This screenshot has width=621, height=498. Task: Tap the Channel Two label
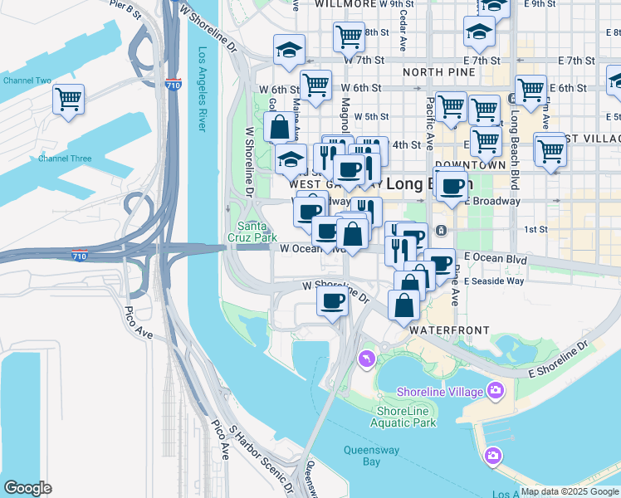[x=27, y=81]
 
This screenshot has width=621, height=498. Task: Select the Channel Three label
[x=65, y=158]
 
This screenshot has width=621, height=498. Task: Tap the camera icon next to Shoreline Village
[x=496, y=389]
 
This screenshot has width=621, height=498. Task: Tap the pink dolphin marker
[x=364, y=358]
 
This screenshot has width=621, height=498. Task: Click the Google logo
[x=27, y=488]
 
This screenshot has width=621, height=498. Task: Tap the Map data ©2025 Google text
[x=570, y=491]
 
